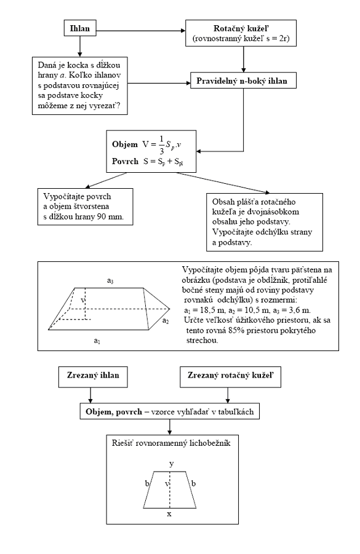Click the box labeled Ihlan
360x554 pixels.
[79, 28]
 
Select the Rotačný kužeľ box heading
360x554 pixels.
[241, 29]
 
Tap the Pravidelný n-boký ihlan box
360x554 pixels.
[243, 81]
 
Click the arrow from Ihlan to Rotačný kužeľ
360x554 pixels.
[141, 31]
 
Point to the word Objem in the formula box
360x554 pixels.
[125, 144]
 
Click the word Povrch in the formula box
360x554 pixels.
[125, 161]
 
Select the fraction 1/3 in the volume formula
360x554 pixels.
[162, 144]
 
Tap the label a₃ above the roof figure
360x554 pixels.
[110, 281]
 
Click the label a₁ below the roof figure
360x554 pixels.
[97, 341]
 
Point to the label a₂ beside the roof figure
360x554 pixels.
[166, 321]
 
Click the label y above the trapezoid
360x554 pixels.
[172, 464]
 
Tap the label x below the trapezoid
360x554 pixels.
[169, 513]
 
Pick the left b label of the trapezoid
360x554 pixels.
[147, 483]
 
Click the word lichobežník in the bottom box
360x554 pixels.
[210, 443]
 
